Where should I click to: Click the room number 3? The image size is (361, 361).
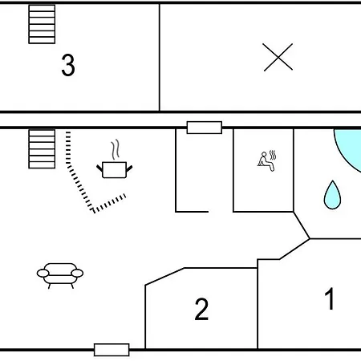(68, 65)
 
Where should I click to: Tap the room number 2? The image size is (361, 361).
(201, 309)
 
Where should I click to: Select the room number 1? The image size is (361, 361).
(330, 298)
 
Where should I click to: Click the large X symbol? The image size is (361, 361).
(278, 57)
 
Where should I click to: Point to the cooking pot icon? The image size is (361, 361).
(115, 170)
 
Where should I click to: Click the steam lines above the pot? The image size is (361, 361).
(116, 149)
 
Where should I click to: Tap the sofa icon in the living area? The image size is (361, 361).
(60, 276)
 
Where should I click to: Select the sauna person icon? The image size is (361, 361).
(266, 161)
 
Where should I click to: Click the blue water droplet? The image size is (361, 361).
(332, 195)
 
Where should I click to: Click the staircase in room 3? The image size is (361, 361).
(42, 24)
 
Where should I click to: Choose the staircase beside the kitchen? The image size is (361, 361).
(42, 149)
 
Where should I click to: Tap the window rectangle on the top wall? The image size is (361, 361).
(205, 128)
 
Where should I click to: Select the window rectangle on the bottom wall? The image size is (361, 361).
(112, 350)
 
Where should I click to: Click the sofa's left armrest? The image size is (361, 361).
(43, 273)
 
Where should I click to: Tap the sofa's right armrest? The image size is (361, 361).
(78, 273)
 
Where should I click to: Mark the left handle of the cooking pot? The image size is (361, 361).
(99, 168)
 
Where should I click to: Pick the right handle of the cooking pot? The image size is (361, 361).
(129, 168)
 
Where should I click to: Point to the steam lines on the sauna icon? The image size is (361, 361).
(273, 155)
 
